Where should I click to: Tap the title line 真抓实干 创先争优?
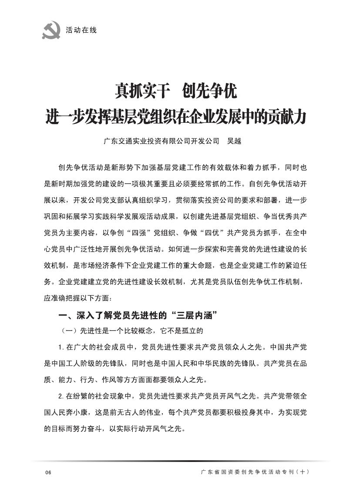click(x=175, y=91)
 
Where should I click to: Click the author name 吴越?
click(x=234, y=141)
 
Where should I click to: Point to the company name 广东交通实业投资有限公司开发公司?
click(x=161, y=141)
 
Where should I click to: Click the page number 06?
click(x=48, y=473)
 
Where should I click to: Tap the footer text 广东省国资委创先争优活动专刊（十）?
click(x=254, y=472)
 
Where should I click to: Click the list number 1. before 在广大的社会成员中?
click(x=61, y=347)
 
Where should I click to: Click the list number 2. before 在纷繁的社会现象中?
click(x=61, y=397)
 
